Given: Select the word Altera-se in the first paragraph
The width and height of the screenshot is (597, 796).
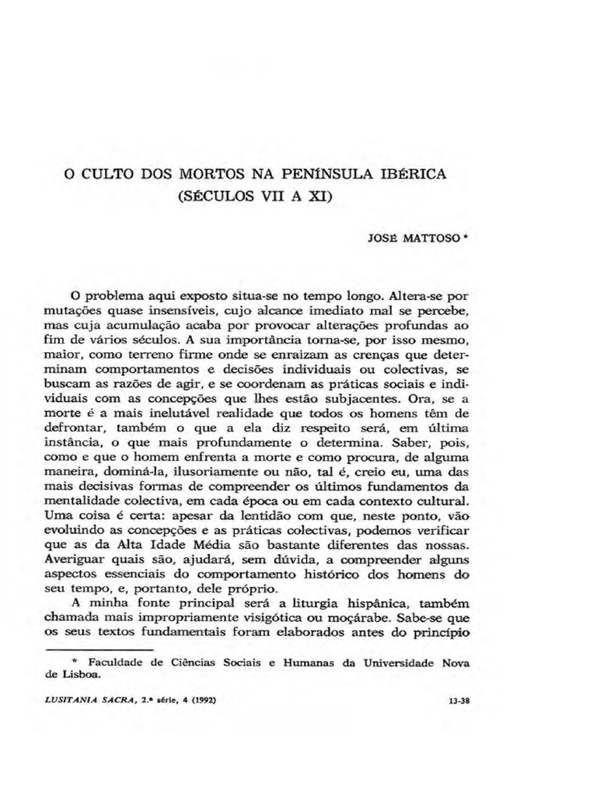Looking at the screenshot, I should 414,296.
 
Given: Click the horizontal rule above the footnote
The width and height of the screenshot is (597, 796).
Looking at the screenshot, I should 104,648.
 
